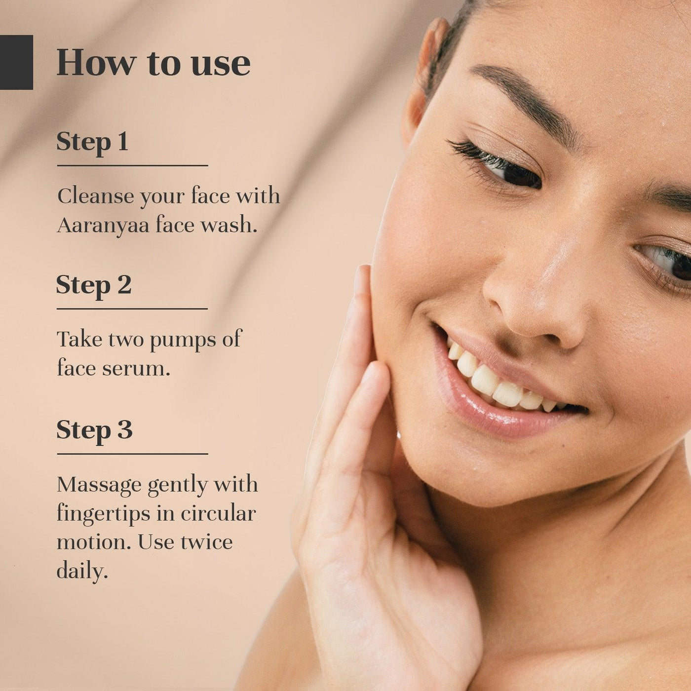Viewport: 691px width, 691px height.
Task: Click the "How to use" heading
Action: pyautogui.click(x=154, y=64)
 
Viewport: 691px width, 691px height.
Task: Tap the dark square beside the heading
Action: pyautogui.click(x=16, y=62)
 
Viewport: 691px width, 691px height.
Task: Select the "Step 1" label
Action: pyautogui.click(x=92, y=142)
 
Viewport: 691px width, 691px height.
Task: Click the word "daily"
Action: pyautogui.click(x=82, y=571)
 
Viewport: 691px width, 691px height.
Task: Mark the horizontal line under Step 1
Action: pyautogui.click(x=132, y=166)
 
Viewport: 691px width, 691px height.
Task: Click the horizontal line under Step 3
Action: pyautogui.click(x=132, y=454)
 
